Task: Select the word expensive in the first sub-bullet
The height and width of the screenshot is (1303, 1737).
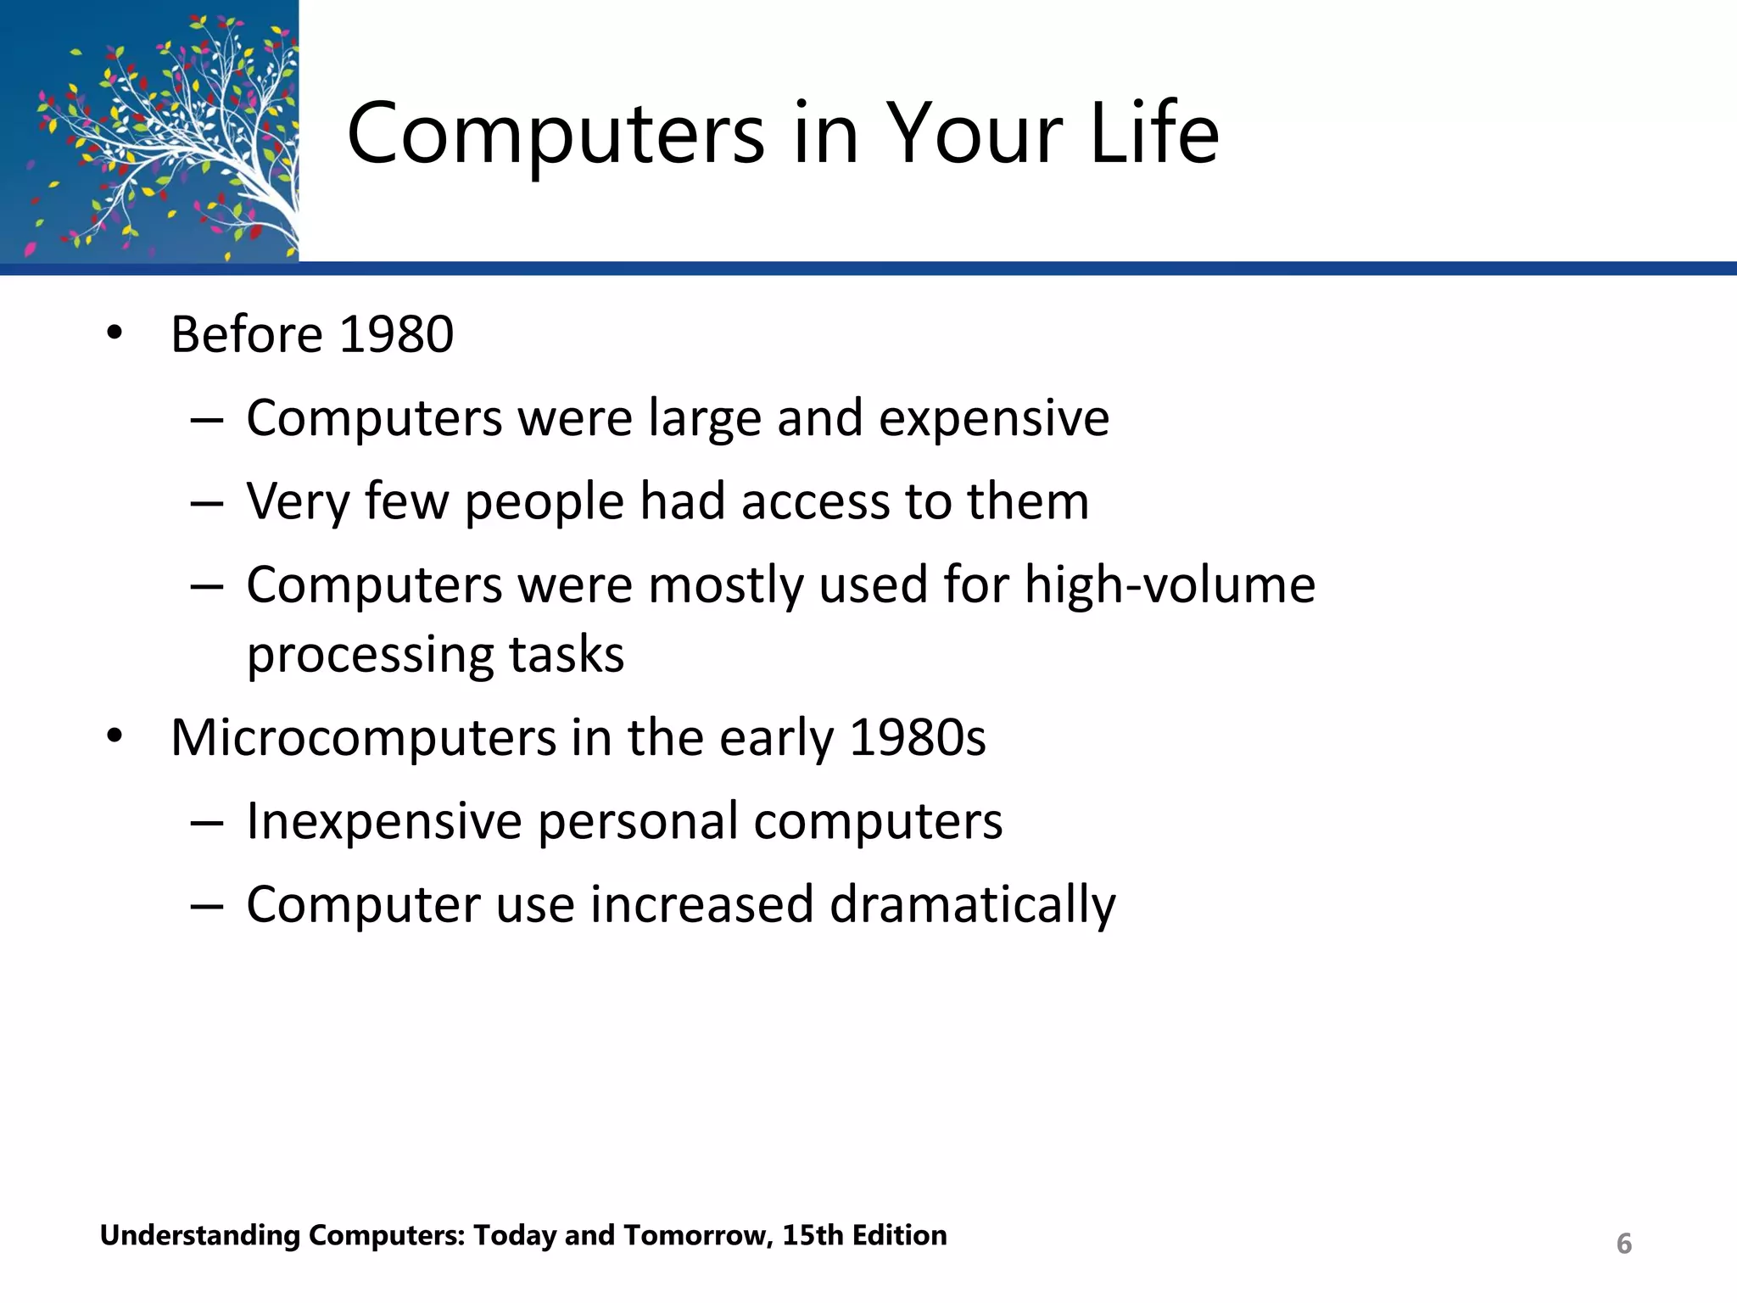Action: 993,419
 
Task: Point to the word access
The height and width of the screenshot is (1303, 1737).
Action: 814,501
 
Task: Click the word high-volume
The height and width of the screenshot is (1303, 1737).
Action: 1170,585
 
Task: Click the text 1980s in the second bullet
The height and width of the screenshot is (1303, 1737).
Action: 917,737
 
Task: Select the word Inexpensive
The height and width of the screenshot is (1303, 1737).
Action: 383,821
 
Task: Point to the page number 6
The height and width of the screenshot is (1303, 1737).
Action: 1623,1244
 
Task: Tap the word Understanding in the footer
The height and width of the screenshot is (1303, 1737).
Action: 200,1236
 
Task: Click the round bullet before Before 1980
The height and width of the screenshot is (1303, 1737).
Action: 115,333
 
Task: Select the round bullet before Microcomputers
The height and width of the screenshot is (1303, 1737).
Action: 115,737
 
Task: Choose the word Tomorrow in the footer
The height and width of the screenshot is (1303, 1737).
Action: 697,1235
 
